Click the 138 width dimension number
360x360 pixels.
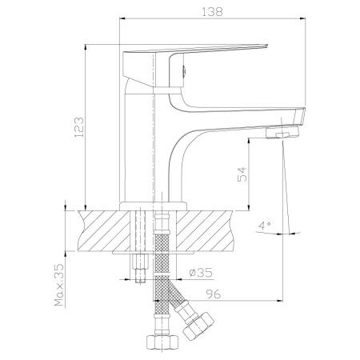(212, 12)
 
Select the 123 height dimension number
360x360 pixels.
(79, 127)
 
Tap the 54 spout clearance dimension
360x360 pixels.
(242, 174)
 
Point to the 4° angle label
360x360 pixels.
(264, 226)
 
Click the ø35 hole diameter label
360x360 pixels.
(201, 273)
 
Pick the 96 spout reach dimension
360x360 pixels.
(214, 294)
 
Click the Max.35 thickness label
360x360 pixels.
(59, 285)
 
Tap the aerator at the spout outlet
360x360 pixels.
(282, 133)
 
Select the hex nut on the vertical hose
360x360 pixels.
(162, 342)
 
